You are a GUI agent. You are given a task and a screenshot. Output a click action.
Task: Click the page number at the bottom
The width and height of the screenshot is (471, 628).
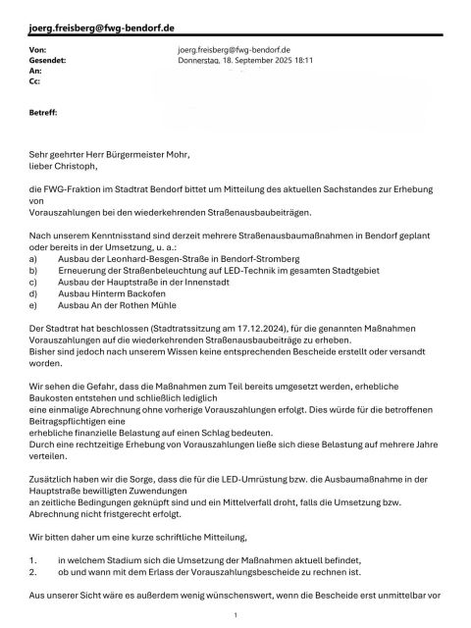236,613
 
